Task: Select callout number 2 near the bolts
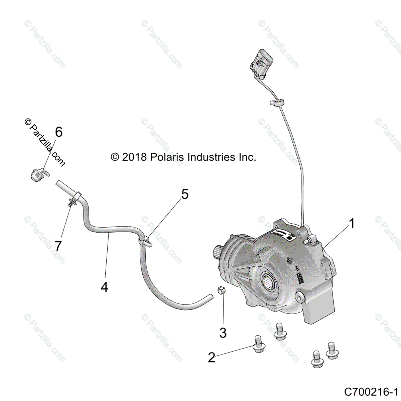click(x=212, y=358)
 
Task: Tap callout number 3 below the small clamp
click(x=223, y=332)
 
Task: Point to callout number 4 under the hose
click(x=105, y=287)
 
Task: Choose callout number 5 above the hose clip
click(x=185, y=194)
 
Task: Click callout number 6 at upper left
click(x=59, y=132)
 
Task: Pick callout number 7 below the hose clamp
click(x=58, y=246)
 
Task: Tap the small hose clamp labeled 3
click(x=221, y=290)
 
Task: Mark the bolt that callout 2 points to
click(x=258, y=344)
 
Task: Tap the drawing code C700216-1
click(x=371, y=391)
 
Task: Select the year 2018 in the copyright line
click(x=134, y=157)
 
